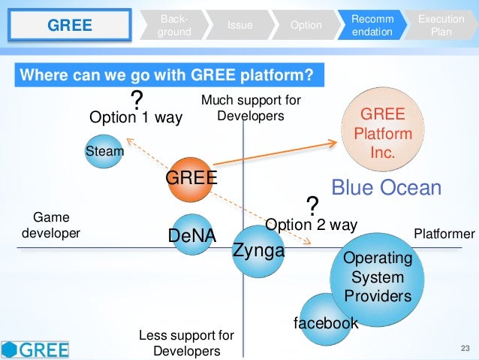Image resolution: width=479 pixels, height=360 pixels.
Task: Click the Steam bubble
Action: (x=104, y=151)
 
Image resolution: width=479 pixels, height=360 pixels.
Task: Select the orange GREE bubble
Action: (x=191, y=178)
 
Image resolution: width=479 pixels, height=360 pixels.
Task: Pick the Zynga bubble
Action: (x=258, y=250)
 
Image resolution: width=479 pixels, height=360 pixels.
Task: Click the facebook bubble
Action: (x=326, y=322)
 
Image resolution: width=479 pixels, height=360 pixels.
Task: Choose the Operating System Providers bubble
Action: (x=377, y=276)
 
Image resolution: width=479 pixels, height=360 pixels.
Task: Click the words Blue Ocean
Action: (x=386, y=188)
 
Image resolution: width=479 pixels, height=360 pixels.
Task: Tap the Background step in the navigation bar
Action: (x=174, y=26)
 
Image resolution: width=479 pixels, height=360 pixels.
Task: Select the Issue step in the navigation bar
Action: (x=241, y=26)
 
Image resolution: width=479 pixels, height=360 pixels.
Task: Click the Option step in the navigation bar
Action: (x=306, y=26)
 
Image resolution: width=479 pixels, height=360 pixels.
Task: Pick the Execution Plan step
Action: (x=441, y=26)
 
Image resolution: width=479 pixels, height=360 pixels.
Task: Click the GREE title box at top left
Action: (x=70, y=26)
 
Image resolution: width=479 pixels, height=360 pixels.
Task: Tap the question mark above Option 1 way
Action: (x=137, y=100)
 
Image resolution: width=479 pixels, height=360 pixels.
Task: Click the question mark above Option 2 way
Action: (x=312, y=205)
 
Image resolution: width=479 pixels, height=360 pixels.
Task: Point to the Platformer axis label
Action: (x=444, y=234)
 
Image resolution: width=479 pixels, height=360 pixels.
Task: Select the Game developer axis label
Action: (x=50, y=225)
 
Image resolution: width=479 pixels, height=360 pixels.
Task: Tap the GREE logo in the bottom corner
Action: (x=35, y=348)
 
